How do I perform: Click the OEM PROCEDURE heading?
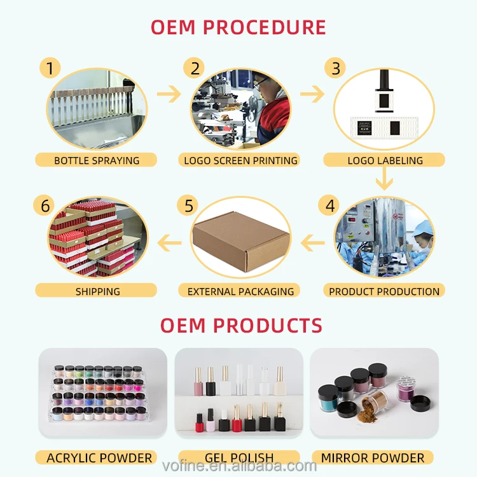pyautogui.click(x=238, y=27)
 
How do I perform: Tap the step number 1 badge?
pyautogui.click(x=50, y=67)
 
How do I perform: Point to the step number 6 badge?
pyautogui.click(x=45, y=205)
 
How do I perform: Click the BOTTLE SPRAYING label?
pyautogui.click(x=97, y=160)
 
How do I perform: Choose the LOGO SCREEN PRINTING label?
pyautogui.click(x=240, y=160)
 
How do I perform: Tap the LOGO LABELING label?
pyautogui.click(x=385, y=160)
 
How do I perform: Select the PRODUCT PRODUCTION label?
pyautogui.click(x=384, y=291)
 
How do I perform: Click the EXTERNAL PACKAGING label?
pyautogui.click(x=240, y=291)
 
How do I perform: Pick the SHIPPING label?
pyautogui.click(x=97, y=291)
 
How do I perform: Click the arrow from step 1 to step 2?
pyautogui.click(x=169, y=95)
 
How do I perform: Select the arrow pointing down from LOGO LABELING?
pyautogui.click(x=384, y=181)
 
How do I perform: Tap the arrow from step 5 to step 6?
pyautogui.click(x=169, y=240)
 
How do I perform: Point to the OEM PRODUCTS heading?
pyautogui.click(x=241, y=326)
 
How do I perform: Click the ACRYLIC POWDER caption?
pyautogui.click(x=99, y=457)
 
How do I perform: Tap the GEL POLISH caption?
pyautogui.click(x=239, y=457)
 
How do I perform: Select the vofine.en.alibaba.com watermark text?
pyautogui.click(x=238, y=466)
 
